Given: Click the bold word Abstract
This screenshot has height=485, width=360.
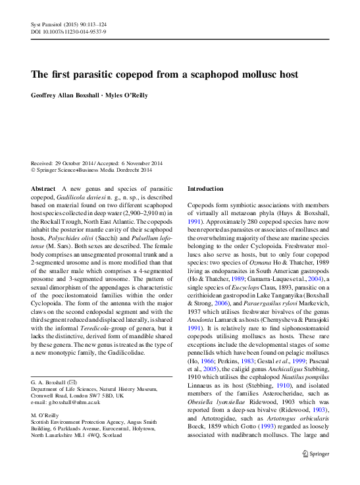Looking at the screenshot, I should tap(43, 189).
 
